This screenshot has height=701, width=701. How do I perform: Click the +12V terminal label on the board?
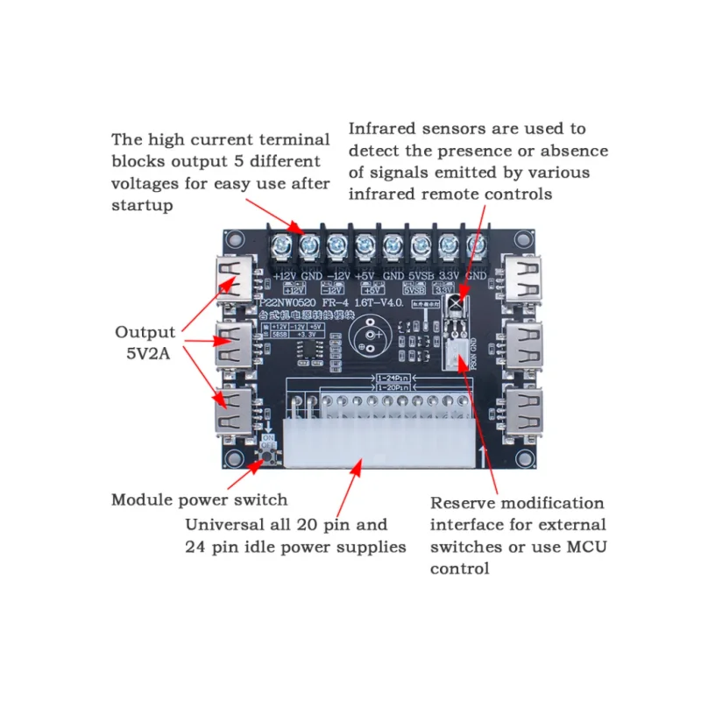287,274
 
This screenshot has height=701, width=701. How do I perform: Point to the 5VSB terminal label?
422,274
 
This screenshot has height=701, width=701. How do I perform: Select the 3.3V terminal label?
450,274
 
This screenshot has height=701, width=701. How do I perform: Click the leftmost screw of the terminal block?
282,246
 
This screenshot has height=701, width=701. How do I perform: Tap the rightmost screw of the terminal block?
478,246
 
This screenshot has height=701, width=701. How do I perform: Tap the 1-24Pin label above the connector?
393,378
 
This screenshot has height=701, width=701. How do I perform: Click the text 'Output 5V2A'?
145,343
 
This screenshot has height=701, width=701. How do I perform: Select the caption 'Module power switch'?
199,500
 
